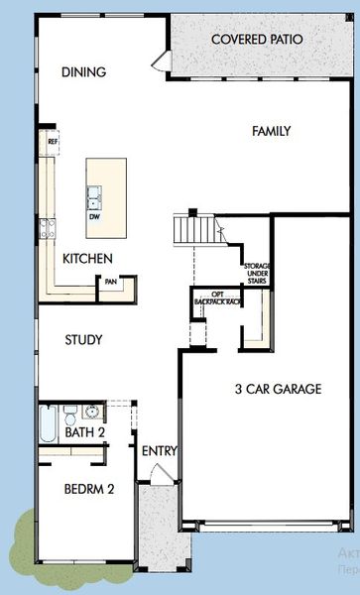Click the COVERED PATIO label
coord(257,40)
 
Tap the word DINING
coord(83,72)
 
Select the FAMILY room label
coord(272,131)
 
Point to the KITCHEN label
coord(87,258)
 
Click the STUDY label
coord(83,340)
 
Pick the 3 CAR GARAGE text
coord(278,389)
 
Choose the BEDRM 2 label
coord(90,490)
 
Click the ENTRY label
coord(159,451)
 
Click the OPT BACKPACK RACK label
coord(216,299)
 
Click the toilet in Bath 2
coord(70,413)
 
